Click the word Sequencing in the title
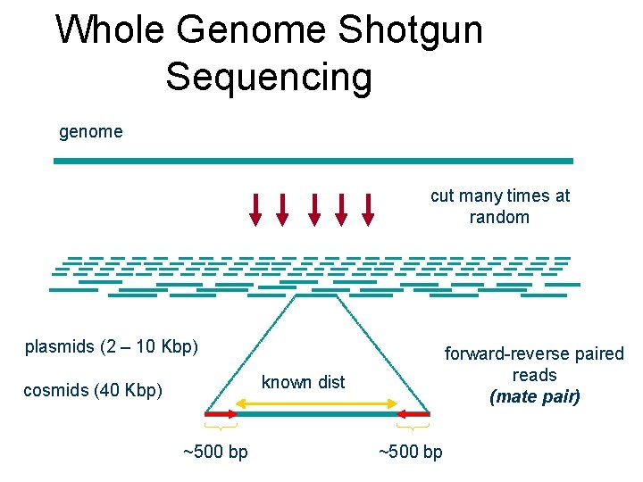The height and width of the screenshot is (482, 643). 268,77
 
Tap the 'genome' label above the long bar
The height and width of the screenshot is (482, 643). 90,132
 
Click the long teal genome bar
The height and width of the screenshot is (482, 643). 313,161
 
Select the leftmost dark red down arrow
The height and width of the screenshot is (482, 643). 255,209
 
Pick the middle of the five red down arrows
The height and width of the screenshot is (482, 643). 313,209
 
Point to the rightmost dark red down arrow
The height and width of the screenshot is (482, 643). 367,209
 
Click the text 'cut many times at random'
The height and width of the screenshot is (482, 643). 499,206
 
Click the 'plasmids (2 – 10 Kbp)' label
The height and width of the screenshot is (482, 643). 112,346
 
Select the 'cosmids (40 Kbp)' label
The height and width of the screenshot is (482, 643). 93,390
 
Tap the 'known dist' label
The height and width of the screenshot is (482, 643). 303,382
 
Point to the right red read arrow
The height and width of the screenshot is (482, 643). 413,414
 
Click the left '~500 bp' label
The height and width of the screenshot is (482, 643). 215,452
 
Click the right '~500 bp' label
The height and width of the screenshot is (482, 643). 410,452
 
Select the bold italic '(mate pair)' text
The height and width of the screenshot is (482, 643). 534,396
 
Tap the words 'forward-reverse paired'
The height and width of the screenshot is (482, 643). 534,354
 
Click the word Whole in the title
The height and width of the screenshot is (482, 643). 110,30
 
